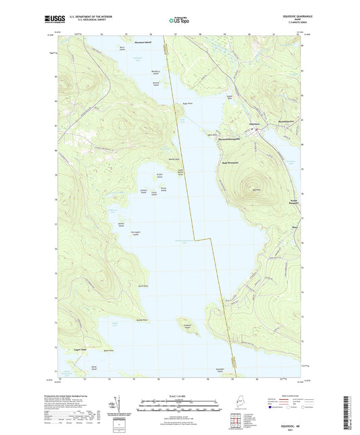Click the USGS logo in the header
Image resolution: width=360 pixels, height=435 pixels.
[53, 19]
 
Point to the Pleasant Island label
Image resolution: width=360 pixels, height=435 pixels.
[143, 42]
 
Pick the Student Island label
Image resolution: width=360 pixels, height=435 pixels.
[186, 333]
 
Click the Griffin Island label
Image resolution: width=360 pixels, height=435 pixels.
[160, 176]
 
